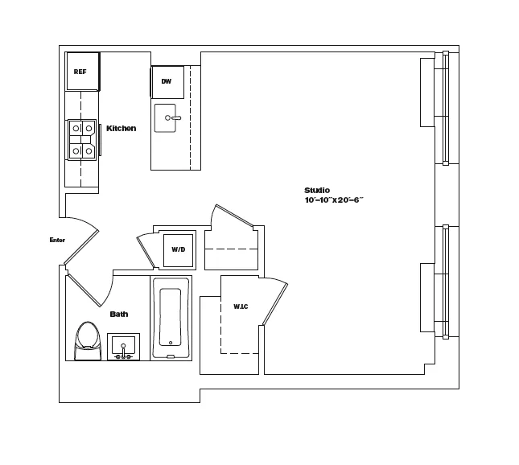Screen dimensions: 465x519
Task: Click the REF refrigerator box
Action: [82, 72]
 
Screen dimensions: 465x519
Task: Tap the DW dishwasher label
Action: [167, 81]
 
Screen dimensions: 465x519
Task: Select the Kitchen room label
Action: [121, 128]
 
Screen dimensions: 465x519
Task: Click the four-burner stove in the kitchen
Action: [81, 138]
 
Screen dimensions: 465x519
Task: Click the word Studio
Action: [317, 190]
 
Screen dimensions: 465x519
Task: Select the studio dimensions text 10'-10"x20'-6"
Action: [334, 200]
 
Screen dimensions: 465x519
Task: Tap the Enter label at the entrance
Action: [57, 240]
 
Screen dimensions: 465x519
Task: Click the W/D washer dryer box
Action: [178, 249]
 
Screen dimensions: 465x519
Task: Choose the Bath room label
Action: [119, 314]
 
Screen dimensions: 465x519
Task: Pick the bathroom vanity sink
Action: [123, 347]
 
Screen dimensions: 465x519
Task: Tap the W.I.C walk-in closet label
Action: [241, 307]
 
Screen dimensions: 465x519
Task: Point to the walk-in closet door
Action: [274, 302]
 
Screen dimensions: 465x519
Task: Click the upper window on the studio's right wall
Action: [442, 109]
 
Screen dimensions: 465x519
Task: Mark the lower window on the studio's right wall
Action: [442, 281]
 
